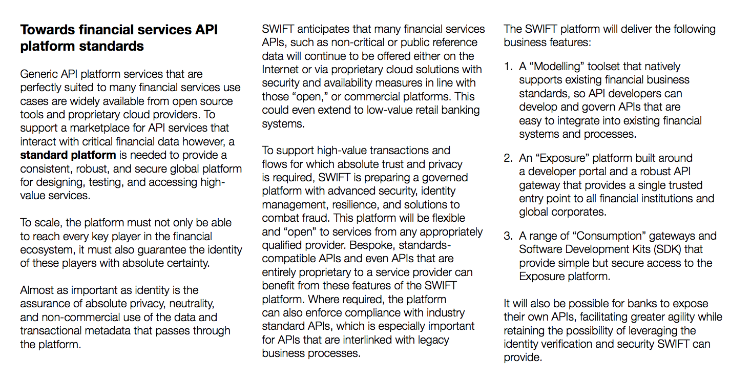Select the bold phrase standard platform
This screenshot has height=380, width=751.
68,155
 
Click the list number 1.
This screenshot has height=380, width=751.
508,67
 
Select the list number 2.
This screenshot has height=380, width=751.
508,158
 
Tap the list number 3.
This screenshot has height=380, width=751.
508,236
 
